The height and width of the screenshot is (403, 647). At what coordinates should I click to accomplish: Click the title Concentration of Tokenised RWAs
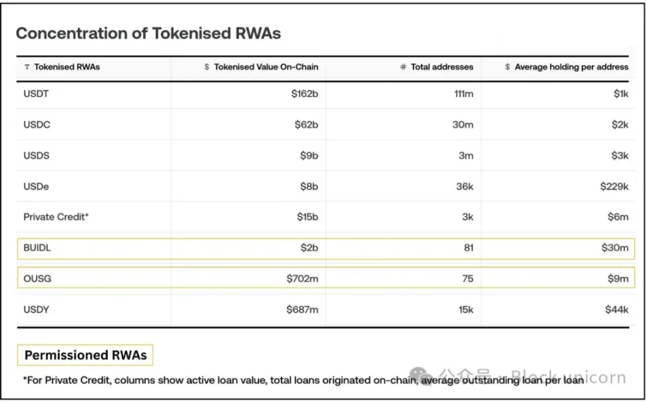tap(148, 34)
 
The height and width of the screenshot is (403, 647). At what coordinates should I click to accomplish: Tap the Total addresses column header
tap(442, 67)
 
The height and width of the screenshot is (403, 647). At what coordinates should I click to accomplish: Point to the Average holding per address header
tap(571, 67)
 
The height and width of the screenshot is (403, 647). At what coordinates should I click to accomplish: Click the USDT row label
tap(36, 94)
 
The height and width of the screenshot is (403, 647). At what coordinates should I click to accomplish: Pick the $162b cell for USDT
tap(305, 94)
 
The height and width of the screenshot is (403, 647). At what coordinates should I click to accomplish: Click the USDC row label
tap(37, 125)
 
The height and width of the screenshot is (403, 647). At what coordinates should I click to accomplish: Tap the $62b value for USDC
tap(307, 125)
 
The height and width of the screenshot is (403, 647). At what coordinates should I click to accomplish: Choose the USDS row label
tap(37, 156)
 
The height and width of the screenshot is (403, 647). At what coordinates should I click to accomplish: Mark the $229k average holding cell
tap(614, 187)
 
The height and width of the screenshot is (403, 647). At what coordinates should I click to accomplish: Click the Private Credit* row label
tap(56, 217)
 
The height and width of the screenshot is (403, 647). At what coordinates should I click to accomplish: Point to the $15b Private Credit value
tap(307, 217)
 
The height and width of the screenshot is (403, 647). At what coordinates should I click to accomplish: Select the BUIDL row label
tap(37, 248)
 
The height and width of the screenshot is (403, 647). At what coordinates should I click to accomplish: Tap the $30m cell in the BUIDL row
tap(616, 248)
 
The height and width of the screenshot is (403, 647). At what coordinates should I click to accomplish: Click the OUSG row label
tap(37, 279)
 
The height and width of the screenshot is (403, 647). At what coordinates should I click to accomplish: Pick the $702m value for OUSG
tap(303, 279)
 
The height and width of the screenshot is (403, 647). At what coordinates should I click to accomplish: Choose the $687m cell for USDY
tap(303, 310)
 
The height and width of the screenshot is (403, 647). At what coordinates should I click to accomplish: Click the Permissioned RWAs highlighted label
tap(85, 355)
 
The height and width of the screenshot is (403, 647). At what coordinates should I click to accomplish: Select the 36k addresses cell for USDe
tap(465, 187)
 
